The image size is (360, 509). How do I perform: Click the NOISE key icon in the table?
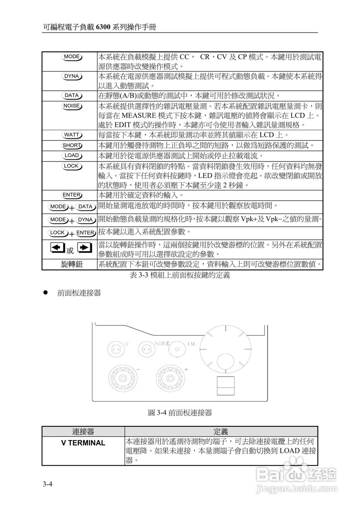tap(72, 106)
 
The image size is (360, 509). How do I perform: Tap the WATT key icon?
tap(72, 135)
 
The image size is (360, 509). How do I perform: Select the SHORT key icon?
tap(72, 145)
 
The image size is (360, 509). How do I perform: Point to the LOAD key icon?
tap(72, 155)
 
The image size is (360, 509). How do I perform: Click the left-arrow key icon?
tap(57, 248)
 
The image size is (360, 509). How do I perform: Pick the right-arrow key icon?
tap(85, 248)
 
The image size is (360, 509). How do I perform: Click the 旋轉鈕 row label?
tap(72, 264)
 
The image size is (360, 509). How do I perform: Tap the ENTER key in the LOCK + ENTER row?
tap(86, 233)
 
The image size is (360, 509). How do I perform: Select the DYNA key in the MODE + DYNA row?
tap(86, 220)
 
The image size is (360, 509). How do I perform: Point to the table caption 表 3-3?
tap(180, 275)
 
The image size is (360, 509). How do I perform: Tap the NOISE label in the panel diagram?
tap(162, 343)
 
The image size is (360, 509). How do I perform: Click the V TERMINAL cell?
tap(84, 443)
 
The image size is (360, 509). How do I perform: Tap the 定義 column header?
tap(221, 431)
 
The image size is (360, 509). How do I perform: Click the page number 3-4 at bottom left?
tap(48, 484)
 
